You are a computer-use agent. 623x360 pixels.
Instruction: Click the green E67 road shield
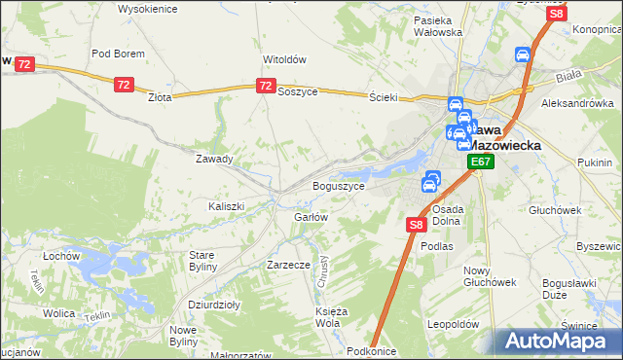480,162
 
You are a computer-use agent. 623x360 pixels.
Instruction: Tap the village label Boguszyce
338,186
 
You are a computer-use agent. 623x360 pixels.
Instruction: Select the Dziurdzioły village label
214,305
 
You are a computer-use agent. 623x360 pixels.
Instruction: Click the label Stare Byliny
207,261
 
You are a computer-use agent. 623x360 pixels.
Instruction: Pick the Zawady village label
214,159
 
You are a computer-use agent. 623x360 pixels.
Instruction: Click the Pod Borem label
118,54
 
